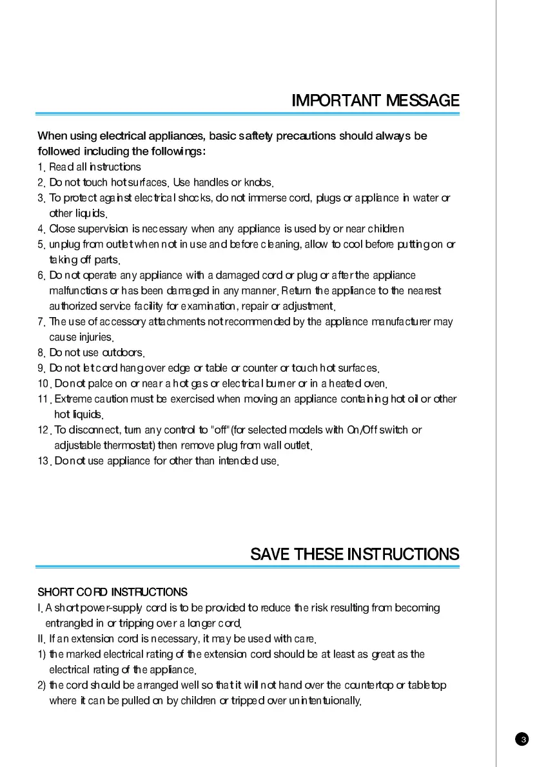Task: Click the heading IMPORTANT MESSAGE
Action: [375, 101]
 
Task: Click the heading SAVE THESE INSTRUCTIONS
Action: [355, 554]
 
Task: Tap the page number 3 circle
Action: [524, 739]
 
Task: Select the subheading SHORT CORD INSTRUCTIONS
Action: [113, 592]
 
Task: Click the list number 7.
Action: [41, 322]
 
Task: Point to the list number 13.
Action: [44, 461]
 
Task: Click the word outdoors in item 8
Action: [122, 353]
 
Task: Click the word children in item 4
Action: [386, 229]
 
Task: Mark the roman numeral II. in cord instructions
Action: [41, 639]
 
